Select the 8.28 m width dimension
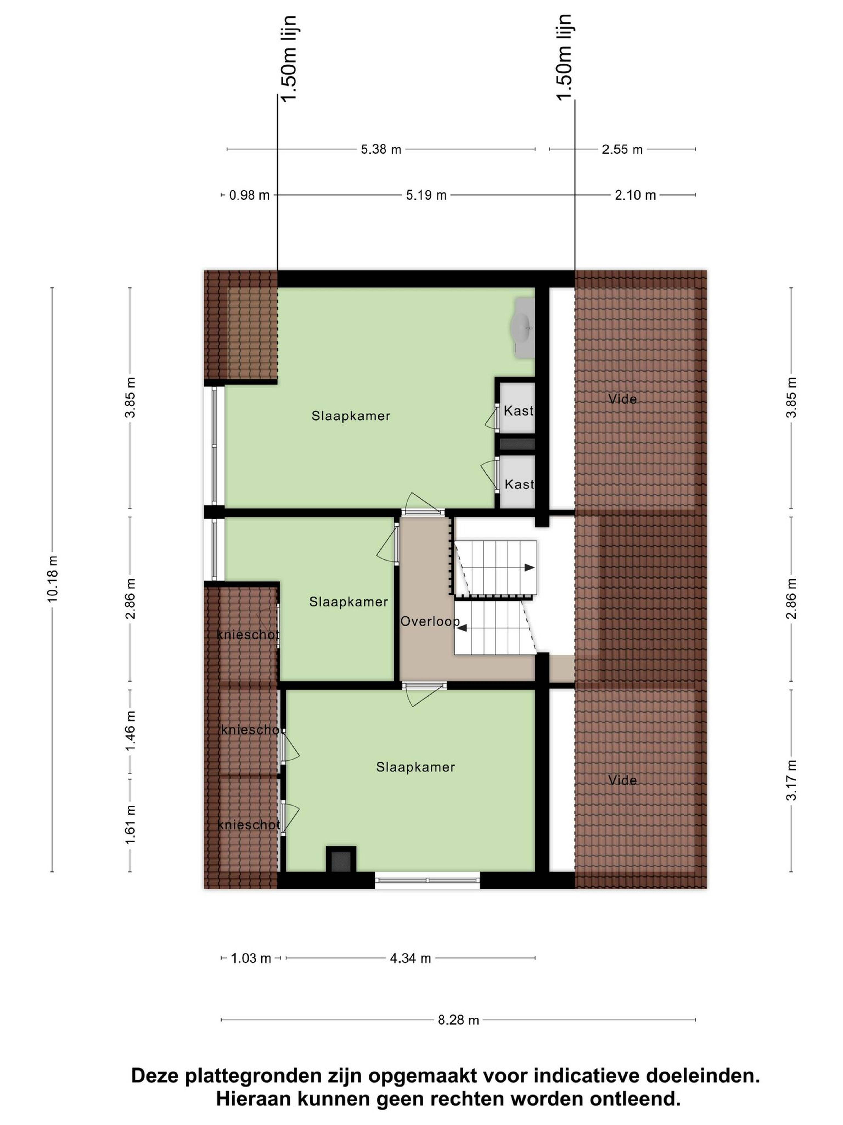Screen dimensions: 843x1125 click(458, 1020)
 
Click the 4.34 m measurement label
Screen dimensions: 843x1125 click(410, 958)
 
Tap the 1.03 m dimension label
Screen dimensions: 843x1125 click(251, 958)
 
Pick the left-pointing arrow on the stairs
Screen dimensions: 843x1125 click(462, 629)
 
